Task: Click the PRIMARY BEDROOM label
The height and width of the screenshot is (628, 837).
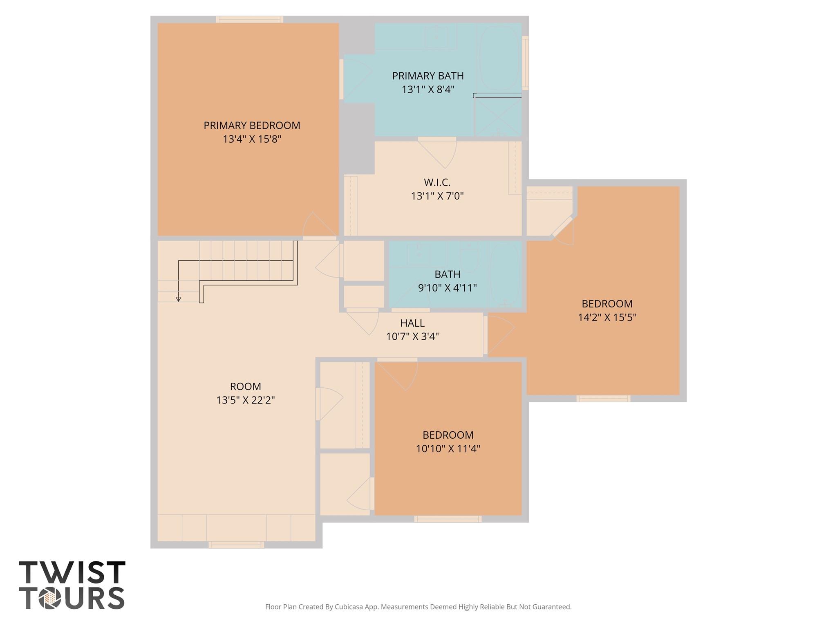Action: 252,126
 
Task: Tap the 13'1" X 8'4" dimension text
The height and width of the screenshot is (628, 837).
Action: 428,90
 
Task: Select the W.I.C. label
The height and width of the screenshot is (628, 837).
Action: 437,182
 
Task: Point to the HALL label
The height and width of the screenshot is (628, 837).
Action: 412,323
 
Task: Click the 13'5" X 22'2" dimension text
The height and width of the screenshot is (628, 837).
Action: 245,400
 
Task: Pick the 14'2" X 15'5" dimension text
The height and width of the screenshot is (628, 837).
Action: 607,317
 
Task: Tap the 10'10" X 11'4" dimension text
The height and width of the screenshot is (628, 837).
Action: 448,449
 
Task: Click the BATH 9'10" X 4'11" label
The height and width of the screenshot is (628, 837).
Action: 447,281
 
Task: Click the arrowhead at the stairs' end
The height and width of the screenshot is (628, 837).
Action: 178,299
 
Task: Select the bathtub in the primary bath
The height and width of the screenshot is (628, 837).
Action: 499,58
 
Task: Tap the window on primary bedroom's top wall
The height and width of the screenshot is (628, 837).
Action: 249,19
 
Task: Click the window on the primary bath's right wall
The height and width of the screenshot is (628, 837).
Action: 525,63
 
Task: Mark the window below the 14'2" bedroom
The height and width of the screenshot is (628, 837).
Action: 603,398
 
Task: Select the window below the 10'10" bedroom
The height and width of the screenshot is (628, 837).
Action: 448,519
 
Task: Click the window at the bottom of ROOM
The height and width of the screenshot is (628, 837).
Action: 236,545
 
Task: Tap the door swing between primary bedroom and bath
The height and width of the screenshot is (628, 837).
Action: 356,80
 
